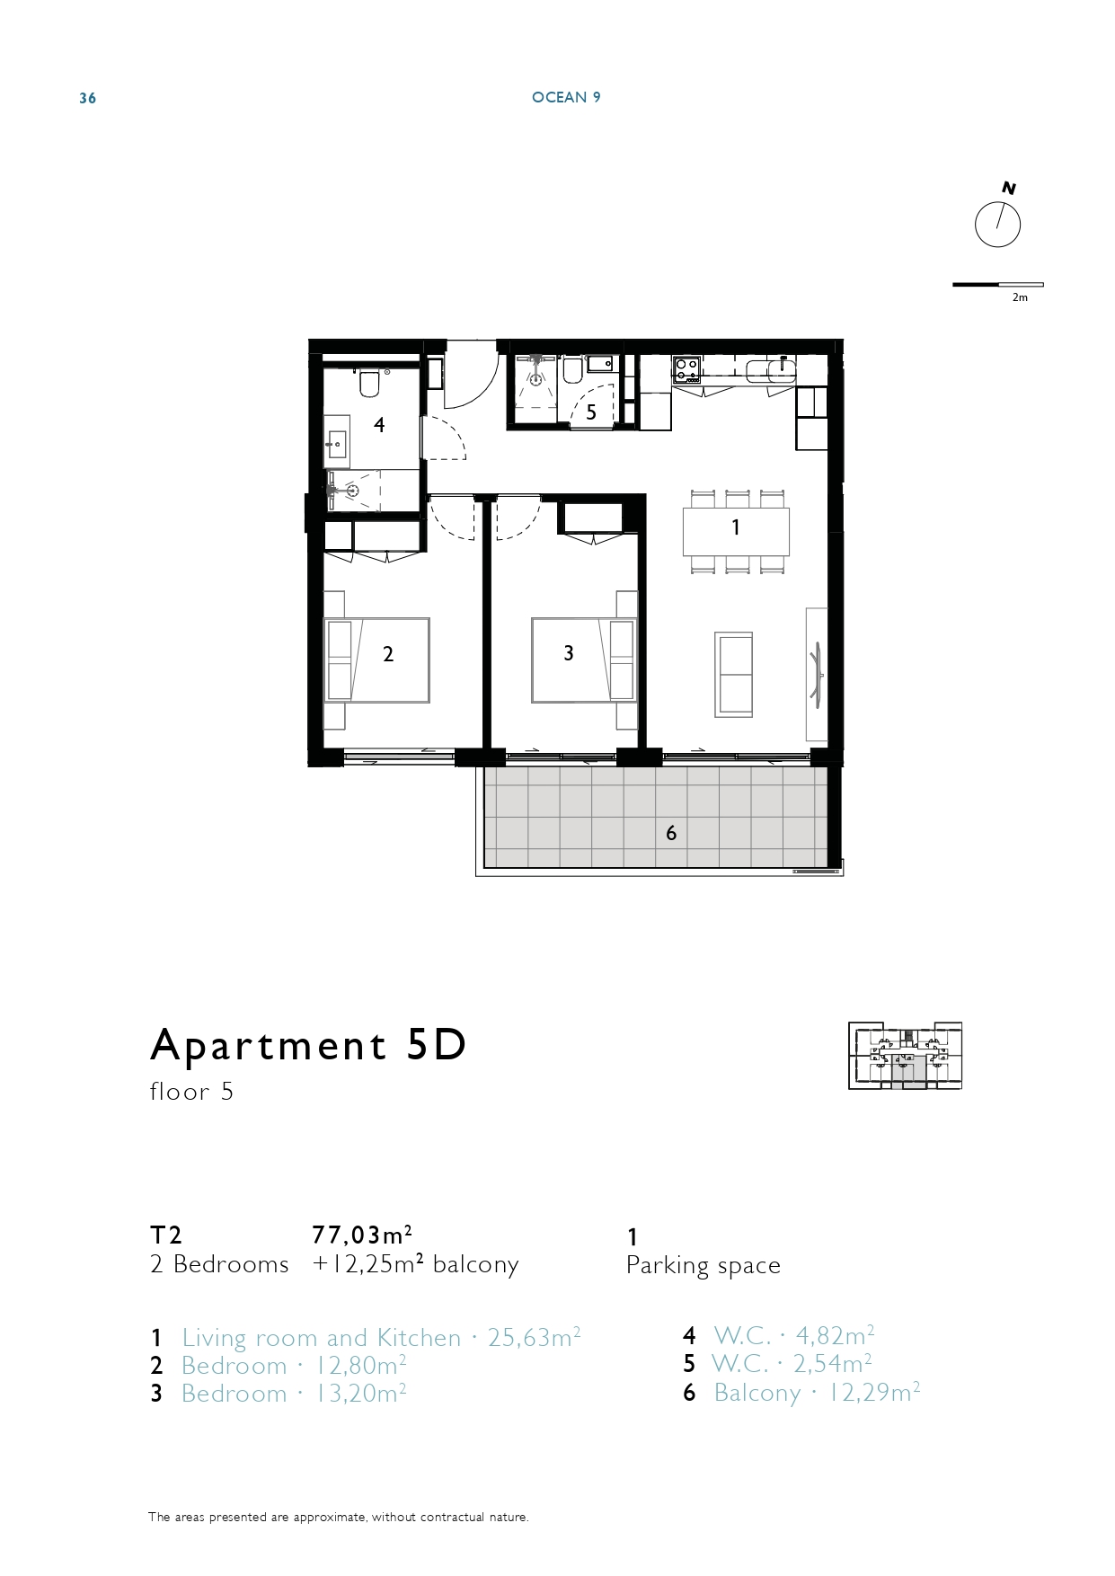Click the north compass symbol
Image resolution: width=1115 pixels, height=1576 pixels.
coord(997,224)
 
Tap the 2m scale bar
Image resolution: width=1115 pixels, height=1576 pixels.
coord(997,285)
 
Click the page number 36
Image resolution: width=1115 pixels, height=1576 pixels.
coord(87,98)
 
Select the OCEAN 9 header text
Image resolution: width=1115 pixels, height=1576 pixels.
coord(566,97)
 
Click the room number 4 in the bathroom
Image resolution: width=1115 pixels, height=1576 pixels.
coord(379,425)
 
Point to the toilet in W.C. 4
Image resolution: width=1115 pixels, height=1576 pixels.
coord(368,383)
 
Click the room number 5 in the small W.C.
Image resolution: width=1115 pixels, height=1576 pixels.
coord(590,413)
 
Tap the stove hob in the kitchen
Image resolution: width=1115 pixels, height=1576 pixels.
coord(687,369)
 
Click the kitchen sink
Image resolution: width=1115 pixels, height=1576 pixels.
coord(770,369)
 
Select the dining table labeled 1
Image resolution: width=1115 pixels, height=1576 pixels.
coord(736,532)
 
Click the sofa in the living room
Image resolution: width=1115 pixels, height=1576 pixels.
coord(733,674)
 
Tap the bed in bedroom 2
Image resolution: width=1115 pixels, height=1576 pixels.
coord(376,660)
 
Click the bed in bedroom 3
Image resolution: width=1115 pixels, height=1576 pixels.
coord(583,660)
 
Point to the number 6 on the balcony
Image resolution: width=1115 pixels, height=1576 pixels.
coord(671,834)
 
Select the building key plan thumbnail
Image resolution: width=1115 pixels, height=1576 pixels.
coord(905,1056)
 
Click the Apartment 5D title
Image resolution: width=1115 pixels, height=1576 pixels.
coord(308,1045)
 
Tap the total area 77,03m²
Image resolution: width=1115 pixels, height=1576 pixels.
coord(362,1234)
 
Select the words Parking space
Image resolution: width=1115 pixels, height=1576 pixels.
coord(704,1266)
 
